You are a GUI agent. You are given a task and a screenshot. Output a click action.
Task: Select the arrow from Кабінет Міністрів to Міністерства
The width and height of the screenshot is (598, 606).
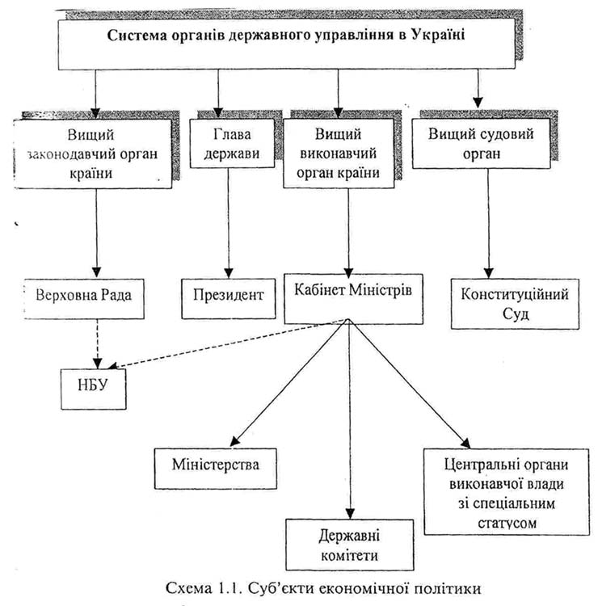(290, 380)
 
